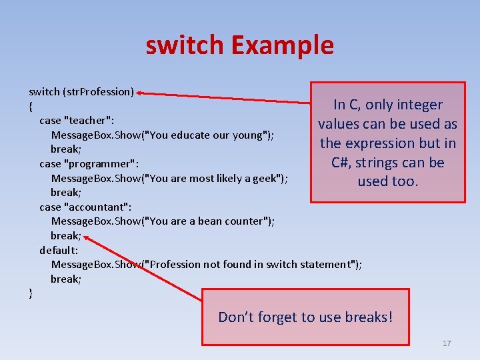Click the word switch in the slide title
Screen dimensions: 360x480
point(185,45)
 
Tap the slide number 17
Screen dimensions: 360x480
point(447,343)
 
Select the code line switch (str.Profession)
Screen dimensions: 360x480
point(81,91)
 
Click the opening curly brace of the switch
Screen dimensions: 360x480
point(31,106)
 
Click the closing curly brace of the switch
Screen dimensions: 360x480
point(31,293)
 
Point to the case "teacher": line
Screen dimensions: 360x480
point(77,121)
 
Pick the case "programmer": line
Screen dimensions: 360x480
point(89,163)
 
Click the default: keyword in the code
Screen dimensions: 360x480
point(59,250)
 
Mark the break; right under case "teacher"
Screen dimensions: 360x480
point(66,149)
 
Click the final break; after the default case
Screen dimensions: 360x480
point(66,279)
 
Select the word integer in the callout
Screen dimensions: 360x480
point(419,105)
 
